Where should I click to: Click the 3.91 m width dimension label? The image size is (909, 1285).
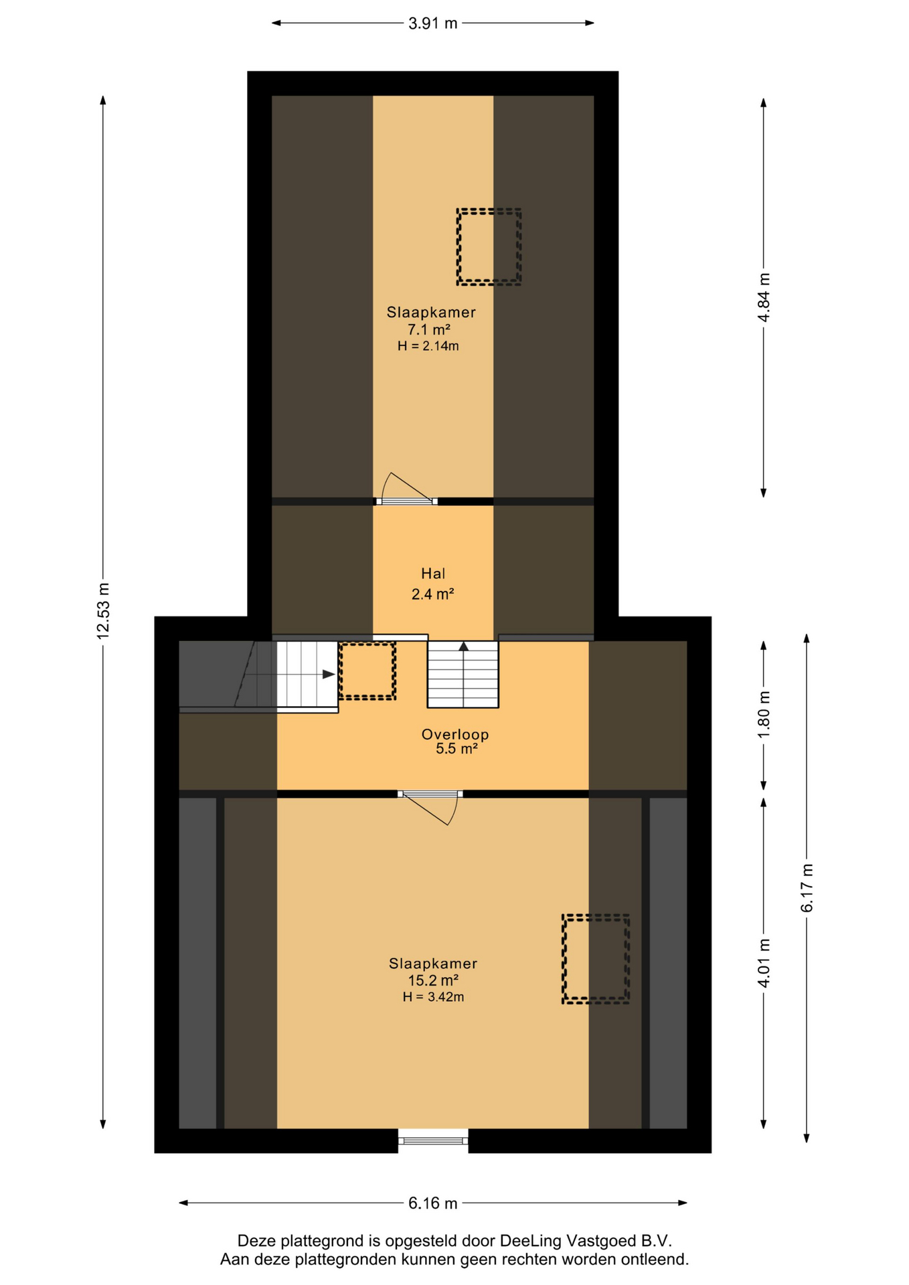432,23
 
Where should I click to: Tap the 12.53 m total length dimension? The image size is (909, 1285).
103,610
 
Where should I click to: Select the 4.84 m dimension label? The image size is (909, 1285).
764,297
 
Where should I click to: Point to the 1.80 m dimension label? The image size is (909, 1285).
764,714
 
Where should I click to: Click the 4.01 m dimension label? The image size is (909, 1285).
764,962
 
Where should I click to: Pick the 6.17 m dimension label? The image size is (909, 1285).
807,887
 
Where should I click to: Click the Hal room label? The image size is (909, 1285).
433,574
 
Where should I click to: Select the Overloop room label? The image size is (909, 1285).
455,734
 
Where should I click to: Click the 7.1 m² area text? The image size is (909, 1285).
429,329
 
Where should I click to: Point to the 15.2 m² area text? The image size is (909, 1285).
433,980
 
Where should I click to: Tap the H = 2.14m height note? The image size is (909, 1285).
428,346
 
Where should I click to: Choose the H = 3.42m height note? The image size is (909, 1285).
433,997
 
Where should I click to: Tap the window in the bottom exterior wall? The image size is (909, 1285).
433,1140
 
